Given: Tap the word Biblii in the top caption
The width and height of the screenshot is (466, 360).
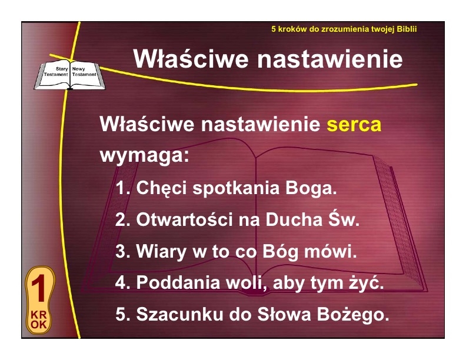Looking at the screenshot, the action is [x=407, y=29].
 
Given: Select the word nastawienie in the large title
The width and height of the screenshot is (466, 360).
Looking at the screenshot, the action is [x=330, y=59].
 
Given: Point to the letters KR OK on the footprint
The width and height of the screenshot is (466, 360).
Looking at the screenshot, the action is [x=39, y=319].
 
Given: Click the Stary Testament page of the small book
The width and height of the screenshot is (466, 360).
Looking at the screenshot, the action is [x=56, y=72].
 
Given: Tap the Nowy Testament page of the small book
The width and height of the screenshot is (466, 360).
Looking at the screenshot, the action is [x=84, y=72].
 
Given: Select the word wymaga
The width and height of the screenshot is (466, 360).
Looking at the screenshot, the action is [x=144, y=155].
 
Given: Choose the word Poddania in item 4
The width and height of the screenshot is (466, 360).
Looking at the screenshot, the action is [x=178, y=282].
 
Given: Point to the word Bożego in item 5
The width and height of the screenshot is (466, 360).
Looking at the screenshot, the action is [x=353, y=314].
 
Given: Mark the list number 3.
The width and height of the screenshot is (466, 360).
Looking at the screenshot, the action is [x=122, y=251].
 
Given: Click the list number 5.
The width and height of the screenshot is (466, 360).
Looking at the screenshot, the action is [x=122, y=314].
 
